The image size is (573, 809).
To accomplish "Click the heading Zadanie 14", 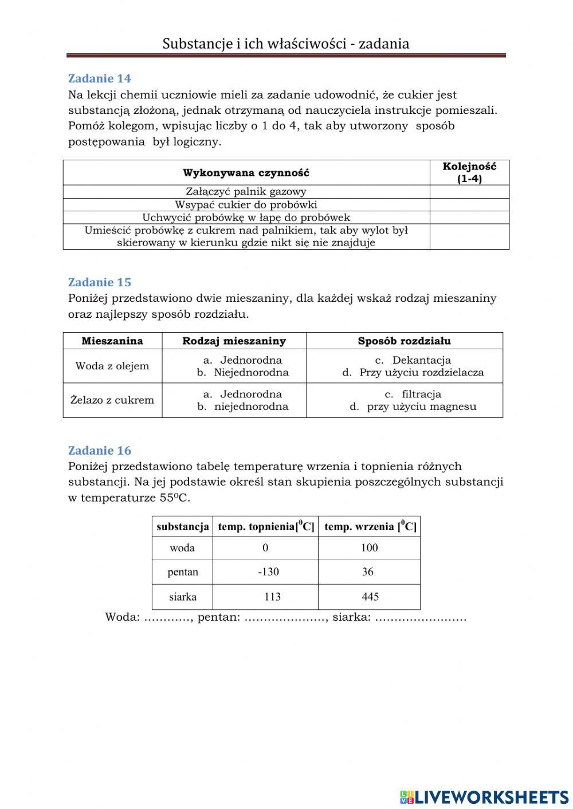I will pos(99,78).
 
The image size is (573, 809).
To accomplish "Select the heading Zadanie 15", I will pos(99,282).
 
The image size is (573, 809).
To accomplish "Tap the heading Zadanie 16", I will pos(99,451).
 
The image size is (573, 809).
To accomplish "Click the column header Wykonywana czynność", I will pos(246,173).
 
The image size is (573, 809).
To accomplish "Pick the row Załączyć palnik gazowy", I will pos(246,192).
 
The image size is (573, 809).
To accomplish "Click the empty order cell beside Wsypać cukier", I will pos(469,205).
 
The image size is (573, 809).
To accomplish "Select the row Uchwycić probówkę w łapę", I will pos(246,218).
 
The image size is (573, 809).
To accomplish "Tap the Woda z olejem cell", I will pos(112,366).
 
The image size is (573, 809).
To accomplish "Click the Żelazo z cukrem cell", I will pos(112,400).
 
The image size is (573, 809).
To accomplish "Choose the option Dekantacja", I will pos(421,360).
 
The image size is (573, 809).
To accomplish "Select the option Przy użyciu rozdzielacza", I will pos(421,373).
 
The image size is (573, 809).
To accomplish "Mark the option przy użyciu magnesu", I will pos(421,407).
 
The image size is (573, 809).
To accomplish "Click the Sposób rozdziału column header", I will pos(404,341).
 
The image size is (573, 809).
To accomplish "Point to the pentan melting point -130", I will pos(268,572).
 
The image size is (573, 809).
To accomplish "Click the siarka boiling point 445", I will pos(370,597).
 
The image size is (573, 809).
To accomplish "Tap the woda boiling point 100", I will pos(369,548).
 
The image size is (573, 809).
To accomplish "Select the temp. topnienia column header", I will pos(266,527).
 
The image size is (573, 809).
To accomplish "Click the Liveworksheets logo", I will pos(484,796).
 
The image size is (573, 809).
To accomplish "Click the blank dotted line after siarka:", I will pos(421,618).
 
